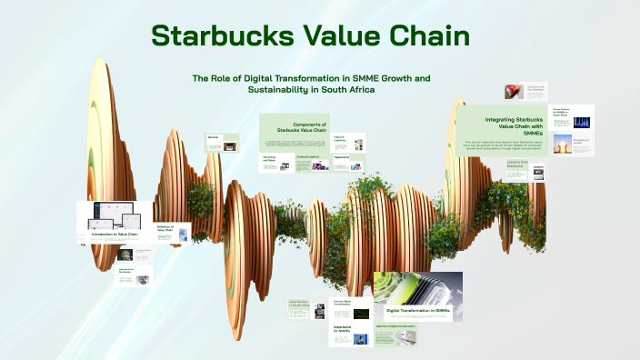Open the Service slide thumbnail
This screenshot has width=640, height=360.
(x=222, y=142)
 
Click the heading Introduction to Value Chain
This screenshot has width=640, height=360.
(x=115, y=234)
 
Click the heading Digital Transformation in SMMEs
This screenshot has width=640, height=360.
(x=417, y=310)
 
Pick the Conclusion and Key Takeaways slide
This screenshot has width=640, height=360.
(x=523, y=92)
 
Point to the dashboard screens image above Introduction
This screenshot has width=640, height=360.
(x=115, y=215)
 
